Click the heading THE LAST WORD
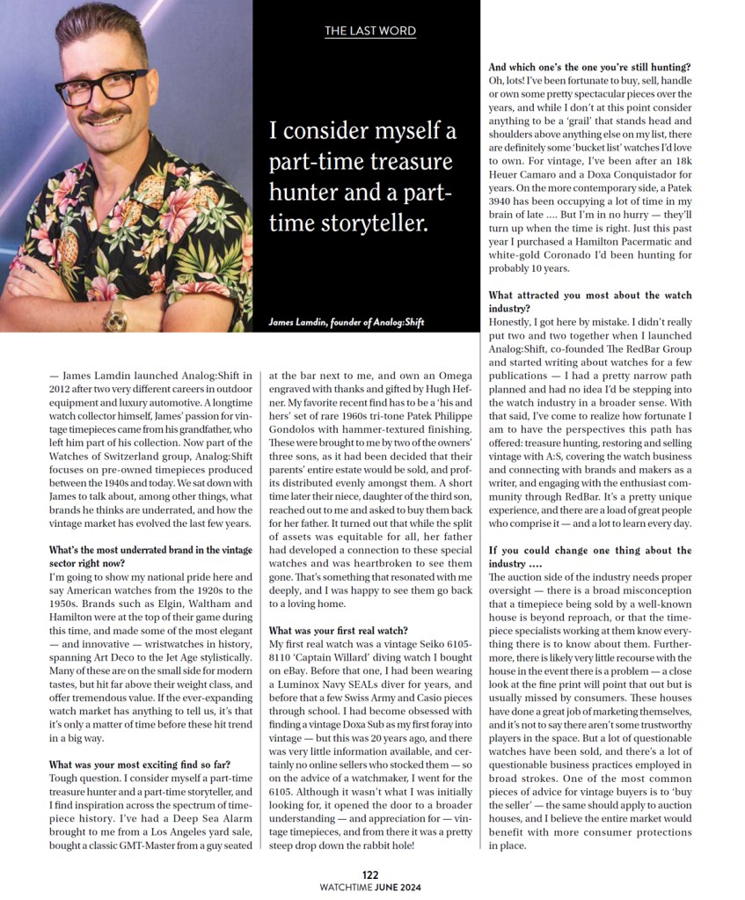click(x=370, y=32)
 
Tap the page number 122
click(x=370, y=874)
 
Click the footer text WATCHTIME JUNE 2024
click(x=370, y=887)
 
